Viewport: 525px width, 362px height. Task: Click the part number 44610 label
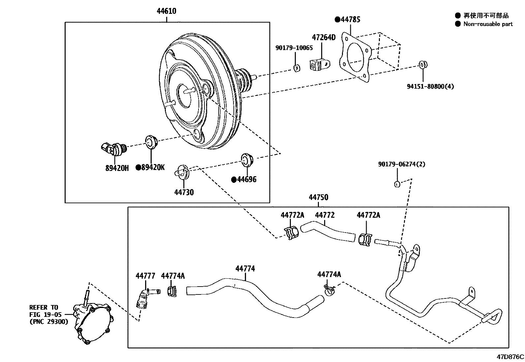[166, 11]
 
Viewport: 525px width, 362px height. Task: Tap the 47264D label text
[324, 37]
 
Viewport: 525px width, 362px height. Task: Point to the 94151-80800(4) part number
[430, 87]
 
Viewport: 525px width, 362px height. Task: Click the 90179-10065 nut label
[294, 48]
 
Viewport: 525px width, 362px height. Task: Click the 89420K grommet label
[152, 168]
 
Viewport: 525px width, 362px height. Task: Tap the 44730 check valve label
[184, 192]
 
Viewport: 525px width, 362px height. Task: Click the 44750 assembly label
[318, 197]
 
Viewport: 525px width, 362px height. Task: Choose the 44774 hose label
[245, 269]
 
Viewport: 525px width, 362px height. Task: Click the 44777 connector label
[145, 276]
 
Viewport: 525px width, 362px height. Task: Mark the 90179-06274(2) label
[401, 164]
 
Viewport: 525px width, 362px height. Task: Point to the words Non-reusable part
[488, 24]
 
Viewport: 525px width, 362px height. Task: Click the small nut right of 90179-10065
[296, 68]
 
